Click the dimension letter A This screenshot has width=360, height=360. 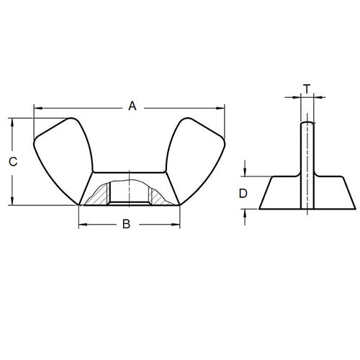pyautogui.click(x=132, y=107)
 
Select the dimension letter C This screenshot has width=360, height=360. pyautogui.click(x=12, y=163)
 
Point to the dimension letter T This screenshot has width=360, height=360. pyautogui.click(x=307, y=89)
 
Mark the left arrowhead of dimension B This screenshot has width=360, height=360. pyautogui.click(x=81, y=225)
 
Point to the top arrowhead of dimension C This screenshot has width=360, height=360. pyautogui.click(x=12, y=122)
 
